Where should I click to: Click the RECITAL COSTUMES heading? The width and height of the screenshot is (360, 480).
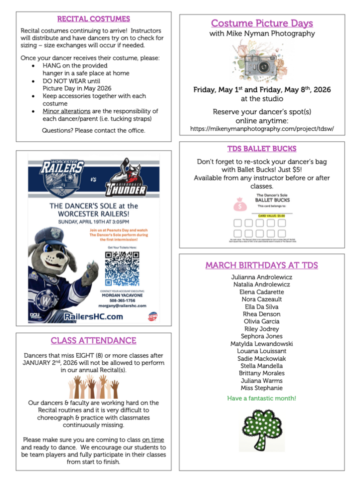[x=93, y=19]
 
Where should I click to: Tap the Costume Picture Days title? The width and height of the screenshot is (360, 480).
[x=262, y=23]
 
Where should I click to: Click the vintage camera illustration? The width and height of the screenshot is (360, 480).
[x=261, y=61]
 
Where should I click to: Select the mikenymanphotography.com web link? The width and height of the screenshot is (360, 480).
[x=262, y=128]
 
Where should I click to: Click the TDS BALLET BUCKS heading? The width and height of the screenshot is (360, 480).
[x=262, y=148]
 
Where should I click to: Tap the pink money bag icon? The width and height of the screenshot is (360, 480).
[x=238, y=204]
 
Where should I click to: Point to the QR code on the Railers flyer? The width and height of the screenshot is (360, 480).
[x=122, y=268]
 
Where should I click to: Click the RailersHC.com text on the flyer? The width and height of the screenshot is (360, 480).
[x=93, y=316]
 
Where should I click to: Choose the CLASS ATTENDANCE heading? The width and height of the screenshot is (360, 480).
[x=93, y=340]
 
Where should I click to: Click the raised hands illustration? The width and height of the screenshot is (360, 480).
[x=93, y=386]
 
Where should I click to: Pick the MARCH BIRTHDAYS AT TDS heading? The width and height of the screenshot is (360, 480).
[x=262, y=265]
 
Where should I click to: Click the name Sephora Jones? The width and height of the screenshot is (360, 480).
[x=262, y=336]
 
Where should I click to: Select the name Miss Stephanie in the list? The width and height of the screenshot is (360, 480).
[x=262, y=388]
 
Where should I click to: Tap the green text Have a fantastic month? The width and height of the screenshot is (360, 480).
[x=262, y=398]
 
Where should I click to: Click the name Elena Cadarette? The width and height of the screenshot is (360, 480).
[x=262, y=292]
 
